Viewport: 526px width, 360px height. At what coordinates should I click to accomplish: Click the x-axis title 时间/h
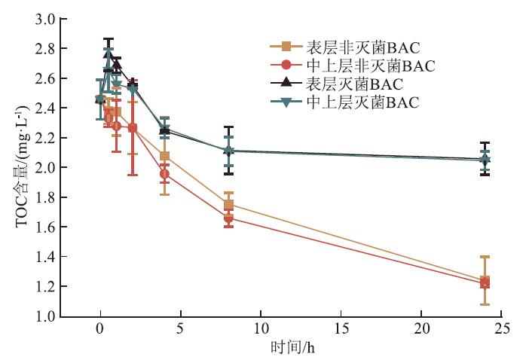[x=289, y=348]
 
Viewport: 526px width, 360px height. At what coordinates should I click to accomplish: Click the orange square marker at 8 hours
[x=228, y=205]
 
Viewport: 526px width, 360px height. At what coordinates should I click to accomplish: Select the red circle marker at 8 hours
[x=228, y=218]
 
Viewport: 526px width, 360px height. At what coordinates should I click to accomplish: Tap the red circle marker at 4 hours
[x=164, y=174]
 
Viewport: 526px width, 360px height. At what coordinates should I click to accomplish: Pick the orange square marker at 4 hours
[x=164, y=157]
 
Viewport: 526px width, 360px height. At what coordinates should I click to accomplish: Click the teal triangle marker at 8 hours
[x=228, y=151]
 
